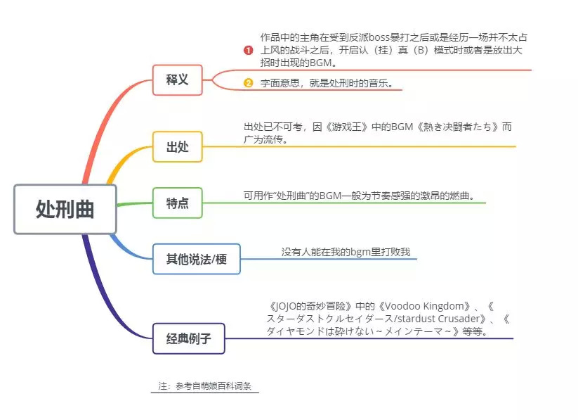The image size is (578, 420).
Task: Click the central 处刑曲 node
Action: [65, 209]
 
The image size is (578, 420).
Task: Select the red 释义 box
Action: [177, 79]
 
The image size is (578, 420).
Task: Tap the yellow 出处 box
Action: [177, 147]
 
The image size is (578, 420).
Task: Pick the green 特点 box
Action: [177, 203]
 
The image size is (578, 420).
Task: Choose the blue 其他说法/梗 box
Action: [196, 259]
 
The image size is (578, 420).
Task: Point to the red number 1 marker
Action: [248, 50]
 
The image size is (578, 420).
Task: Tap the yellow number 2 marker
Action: [248, 83]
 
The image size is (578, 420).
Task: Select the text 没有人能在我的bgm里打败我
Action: [346, 251]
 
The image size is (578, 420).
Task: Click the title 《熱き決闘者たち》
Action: [449, 127]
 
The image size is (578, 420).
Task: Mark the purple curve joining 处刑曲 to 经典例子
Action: [105, 281]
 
